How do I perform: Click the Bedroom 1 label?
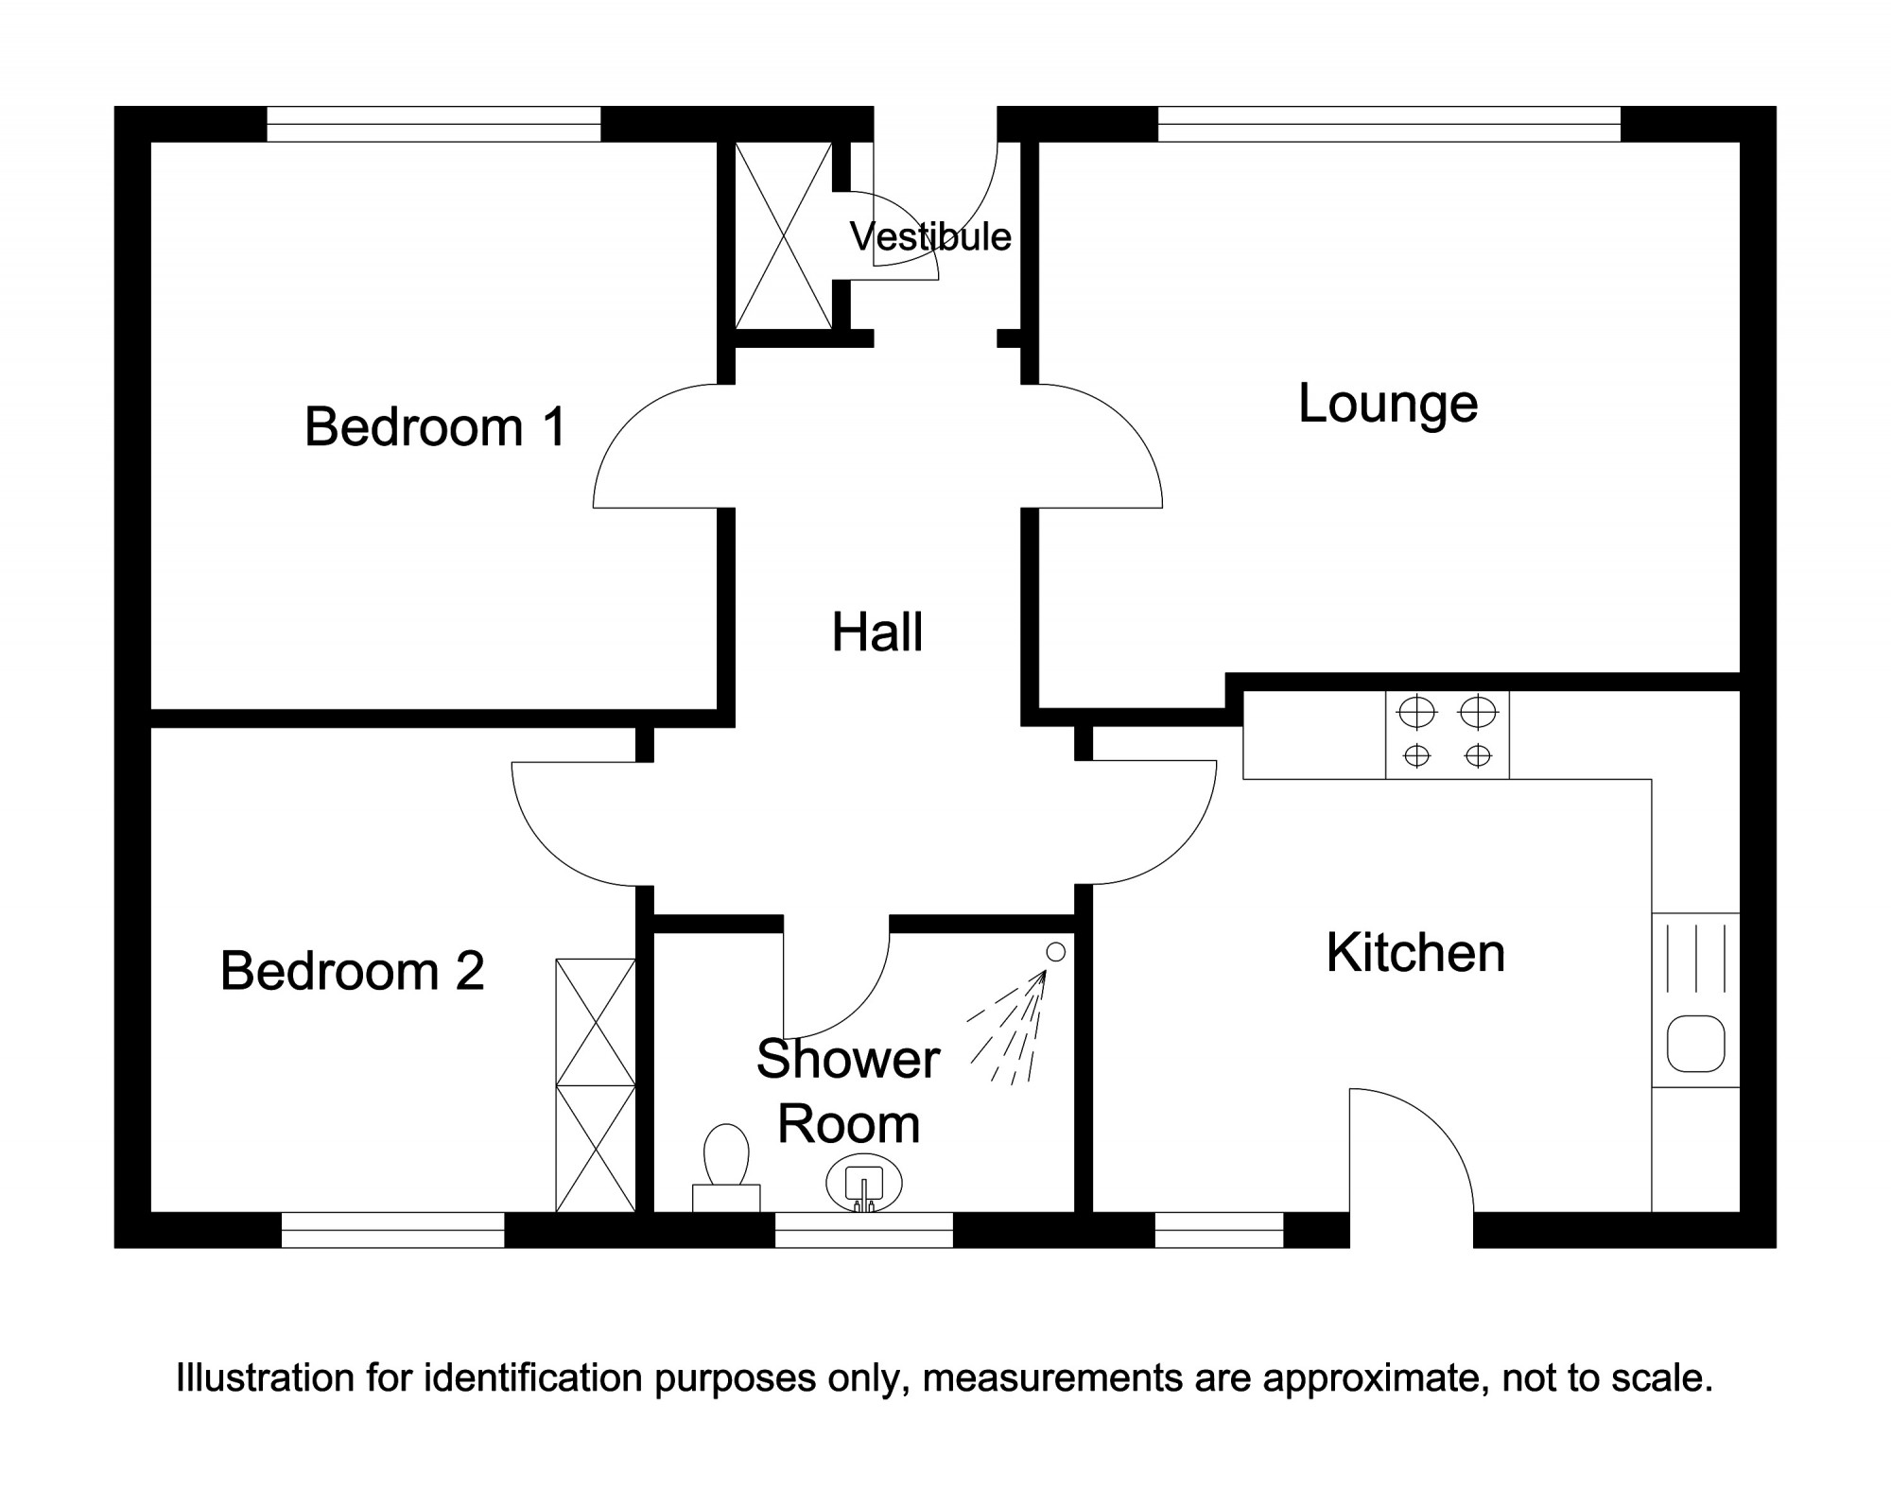435,426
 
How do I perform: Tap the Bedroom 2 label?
352,971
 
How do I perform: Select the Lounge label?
1388,405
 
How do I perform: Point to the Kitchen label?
1415,953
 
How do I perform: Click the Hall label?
877,632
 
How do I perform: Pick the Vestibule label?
930,236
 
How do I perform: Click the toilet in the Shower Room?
726,1167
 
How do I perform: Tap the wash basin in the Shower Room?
864,1183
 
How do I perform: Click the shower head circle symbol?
1056,953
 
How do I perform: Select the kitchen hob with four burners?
1448,735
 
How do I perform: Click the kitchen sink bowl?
1696,1044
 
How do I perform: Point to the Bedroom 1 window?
434,124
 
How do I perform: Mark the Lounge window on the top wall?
1390,124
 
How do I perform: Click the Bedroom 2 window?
393,1230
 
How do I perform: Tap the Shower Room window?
864,1230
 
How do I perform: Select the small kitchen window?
1220,1230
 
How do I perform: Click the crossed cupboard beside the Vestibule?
784,235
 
